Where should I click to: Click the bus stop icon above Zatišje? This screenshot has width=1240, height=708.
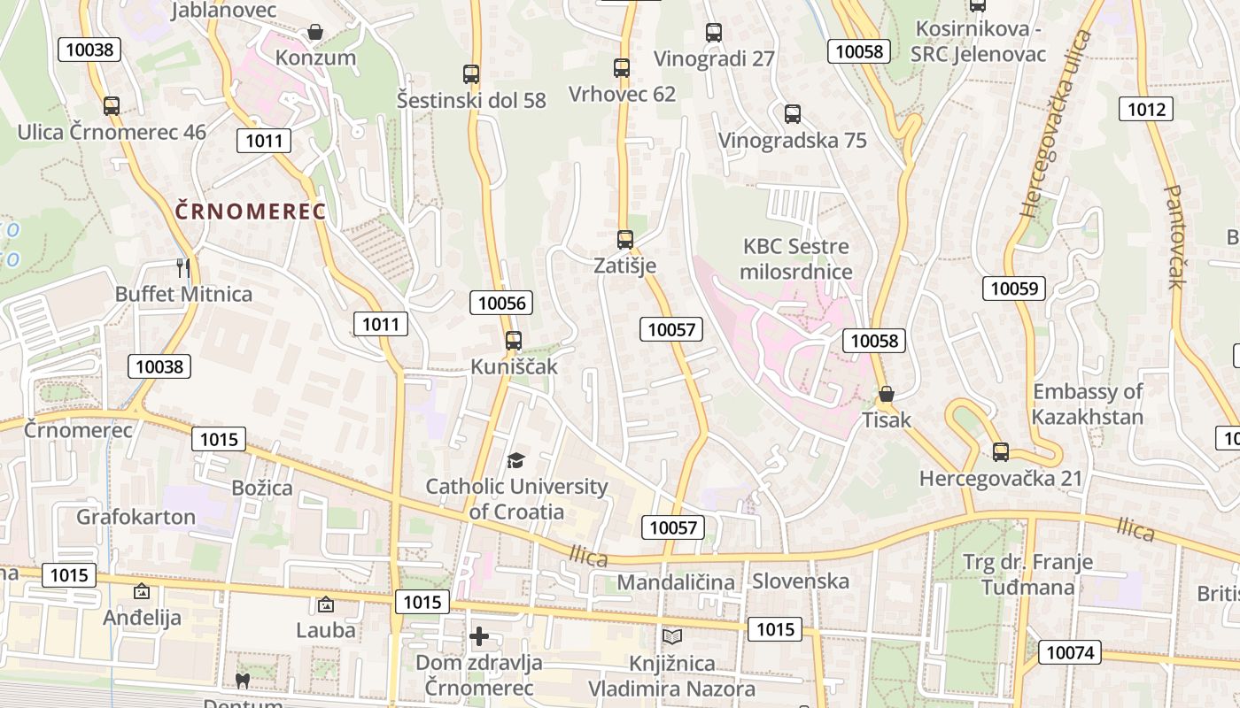(x=625, y=239)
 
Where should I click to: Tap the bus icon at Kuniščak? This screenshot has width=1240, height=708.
(x=513, y=340)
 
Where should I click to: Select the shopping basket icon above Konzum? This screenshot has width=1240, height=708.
(x=315, y=33)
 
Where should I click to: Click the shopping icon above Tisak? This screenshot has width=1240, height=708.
(x=886, y=394)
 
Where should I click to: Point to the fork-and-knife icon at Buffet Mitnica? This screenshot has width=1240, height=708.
(x=183, y=267)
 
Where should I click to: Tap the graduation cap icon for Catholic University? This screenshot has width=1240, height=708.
(x=515, y=460)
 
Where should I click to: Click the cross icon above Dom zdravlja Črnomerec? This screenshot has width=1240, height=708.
(x=479, y=636)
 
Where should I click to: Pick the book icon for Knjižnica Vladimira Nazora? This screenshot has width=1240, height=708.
(x=672, y=636)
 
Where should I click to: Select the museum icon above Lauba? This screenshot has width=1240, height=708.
(x=325, y=604)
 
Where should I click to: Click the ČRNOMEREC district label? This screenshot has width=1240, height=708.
(x=251, y=212)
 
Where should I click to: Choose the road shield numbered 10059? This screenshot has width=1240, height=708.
(x=1013, y=288)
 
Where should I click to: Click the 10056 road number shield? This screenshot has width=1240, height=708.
(x=501, y=303)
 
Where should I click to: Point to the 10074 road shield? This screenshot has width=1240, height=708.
(x=1069, y=653)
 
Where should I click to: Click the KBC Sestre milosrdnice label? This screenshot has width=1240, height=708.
(x=795, y=259)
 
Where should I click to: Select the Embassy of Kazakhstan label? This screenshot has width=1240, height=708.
(x=1088, y=404)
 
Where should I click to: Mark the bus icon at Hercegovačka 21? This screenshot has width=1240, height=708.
(x=1001, y=452)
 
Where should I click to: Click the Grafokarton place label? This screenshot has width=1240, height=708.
(x=136, y=517)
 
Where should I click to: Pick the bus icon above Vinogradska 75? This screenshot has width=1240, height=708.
(x=793, y=114)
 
